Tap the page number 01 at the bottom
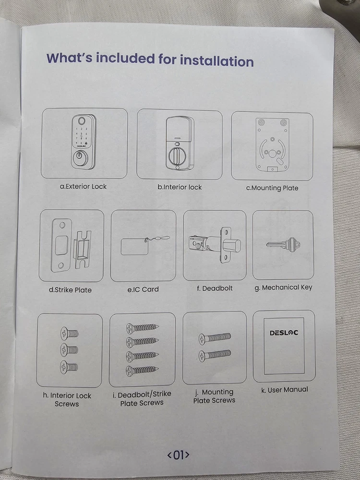coord(178,455)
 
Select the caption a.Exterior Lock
coord(83,186)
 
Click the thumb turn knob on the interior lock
coord(176,155)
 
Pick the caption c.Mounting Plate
coord(272,188)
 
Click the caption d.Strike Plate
coord(70,290)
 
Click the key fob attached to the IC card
coord(160,238)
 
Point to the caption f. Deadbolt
coord(215,288)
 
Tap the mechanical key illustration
coord(283,245)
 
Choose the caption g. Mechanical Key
coord(283,288)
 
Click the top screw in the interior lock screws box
coord(69,334)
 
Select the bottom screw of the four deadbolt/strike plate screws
coord(143,371)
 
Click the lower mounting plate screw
coord(215,355)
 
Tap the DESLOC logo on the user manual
coord(284,333)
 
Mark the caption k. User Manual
coord(284,390)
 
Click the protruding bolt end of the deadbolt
coord(233,246)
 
